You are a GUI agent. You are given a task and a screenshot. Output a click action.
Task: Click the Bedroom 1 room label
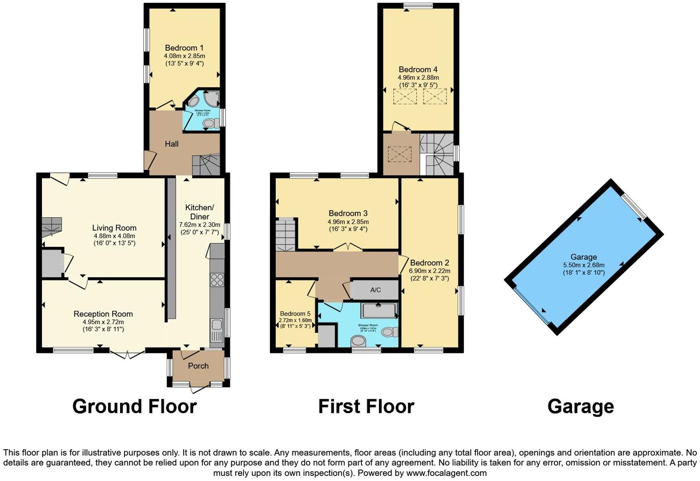pyautogui.click(x=184, y=48)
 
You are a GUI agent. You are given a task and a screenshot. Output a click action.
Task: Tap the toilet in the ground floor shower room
pyautogui.click(x=210, y=123)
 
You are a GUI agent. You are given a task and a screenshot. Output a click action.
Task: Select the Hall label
pyautogui.click(x=172, y=144)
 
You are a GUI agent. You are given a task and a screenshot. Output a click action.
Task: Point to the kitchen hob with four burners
pyautogui.click(x=216, y=280)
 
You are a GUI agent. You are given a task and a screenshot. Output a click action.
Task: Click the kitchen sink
pyautogui.click(x=216, y=328)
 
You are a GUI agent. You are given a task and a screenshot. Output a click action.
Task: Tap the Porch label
pyautogui.click(x=198, y=366)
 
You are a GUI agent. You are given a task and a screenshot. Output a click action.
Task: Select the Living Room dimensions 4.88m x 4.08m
pyautogui.click(x=114, y=236)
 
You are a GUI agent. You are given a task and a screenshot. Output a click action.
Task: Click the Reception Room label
pyautogui.click(x=103, y=314)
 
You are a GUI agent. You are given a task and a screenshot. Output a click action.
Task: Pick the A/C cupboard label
pyautogui.click(x=375, y=290)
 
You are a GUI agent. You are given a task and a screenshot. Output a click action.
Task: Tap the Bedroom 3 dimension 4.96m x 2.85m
pyautogui.click(x=348, y=221)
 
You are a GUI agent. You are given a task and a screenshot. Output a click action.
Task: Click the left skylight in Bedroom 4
pyautogui.click(x=405, y=97)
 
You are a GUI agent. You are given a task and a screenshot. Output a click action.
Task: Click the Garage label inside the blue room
pyautogui.click(x=583, y=257)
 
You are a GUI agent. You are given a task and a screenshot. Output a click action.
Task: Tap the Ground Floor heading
pyautogui.click(x=134, y=406)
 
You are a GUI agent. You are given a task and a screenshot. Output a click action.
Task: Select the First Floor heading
pyautogui.click(x=366, y=406)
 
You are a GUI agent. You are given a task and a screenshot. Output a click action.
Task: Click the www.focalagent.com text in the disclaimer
pyautogui.click(x=446, y=473)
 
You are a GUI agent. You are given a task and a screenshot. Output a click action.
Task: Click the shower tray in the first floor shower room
pyautogui.click(x=379, y=311)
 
